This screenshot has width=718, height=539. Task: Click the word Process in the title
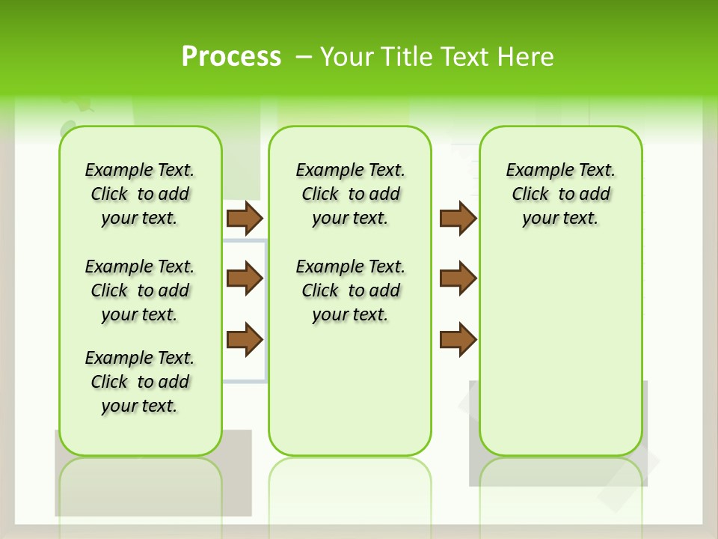231,57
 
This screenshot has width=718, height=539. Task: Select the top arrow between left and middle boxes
244,218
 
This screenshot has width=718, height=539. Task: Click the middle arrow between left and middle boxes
244,279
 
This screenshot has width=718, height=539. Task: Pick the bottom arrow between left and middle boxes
244,339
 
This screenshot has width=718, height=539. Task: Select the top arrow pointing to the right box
458,218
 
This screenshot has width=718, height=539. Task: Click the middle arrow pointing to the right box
458,279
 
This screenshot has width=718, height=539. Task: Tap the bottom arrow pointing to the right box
458,339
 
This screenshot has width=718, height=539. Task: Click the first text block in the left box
140,194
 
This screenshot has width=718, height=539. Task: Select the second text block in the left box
140,290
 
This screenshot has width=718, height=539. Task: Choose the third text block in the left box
140,382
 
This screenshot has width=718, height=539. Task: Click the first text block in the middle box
350,194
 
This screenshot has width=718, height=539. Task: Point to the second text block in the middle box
350,290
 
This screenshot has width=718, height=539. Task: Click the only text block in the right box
560,194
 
